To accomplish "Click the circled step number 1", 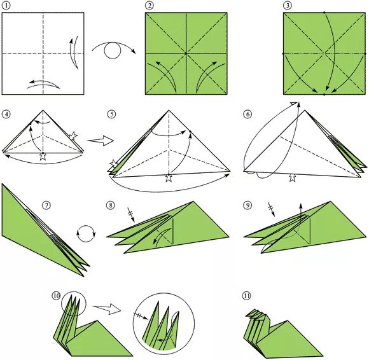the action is pyautogui.click(x=6, y=6).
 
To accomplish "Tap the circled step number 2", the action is pyautogui.click(x=150, y=6).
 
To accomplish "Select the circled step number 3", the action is pyautogui.click(x=288, y=6).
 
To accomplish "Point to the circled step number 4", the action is pyautogui.click(x=6, y=114).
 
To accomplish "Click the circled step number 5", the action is pyautogui.click(x=111, y=114).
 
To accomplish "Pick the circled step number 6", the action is pyautogui.click(x=247, y=114).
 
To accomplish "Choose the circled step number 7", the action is pyautogui.click(x=46, y=205).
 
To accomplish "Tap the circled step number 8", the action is pyautogui.click(x=110, y=205).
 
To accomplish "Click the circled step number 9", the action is pyautogui.click(x=247, y=205).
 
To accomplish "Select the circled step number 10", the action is pyautogui.click(x=57, y=296).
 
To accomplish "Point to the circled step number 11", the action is pyautogui.click(x=246, y=296).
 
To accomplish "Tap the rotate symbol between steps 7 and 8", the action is pyautogui.click(x=86, y=233).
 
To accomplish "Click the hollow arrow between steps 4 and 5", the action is pyautogui.click(x=101, y=141).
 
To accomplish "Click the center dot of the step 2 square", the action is pyautogui.click(x=186, y=53).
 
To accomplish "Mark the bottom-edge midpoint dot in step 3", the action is pyautogui.click(x=324, y=94).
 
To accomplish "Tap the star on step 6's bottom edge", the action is pyautogui.click(x=292, y=178).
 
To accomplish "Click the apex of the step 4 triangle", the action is pyautogui.click(x=43, y=110).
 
